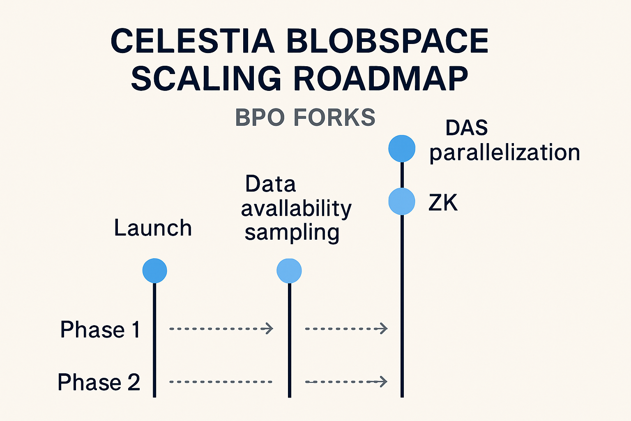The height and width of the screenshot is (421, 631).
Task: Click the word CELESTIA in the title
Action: point(192,41)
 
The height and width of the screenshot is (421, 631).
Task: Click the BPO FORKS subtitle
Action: point(305,118)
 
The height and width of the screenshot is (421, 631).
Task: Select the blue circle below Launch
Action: point(154,271)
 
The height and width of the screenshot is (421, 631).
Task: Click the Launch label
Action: point(153,228)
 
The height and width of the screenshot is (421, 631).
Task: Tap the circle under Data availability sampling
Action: point(289,271)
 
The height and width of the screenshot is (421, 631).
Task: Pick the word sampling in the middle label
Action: point(292,233)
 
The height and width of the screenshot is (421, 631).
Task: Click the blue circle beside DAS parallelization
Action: point(402,148)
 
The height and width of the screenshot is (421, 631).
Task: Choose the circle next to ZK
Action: point(402,201)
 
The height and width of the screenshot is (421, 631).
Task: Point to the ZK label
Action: point(443,202)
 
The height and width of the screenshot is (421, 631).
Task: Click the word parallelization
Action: point(504,153)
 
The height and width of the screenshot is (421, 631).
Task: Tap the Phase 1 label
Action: point(100,329)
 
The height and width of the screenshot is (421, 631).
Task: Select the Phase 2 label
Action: point(99,382)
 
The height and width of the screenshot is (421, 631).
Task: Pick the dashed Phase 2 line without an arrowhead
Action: point(221,382)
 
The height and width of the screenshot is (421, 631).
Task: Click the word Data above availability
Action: point(270,184)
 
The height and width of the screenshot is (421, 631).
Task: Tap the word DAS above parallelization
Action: point(467,128)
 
